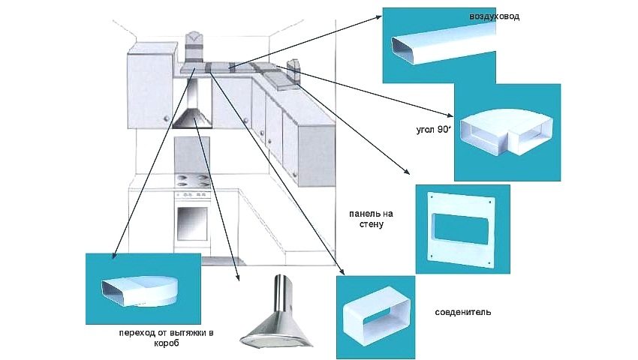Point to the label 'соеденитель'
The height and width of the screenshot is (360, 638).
pos(463,311)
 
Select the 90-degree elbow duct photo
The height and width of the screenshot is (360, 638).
pos(507,133)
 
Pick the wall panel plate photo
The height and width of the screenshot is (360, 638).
pos(462,228)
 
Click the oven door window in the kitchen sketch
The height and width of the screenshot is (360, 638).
pos(192,223)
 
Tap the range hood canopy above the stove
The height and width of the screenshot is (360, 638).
pos(194,118)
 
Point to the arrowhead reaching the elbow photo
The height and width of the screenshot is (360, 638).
pos(451,115)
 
